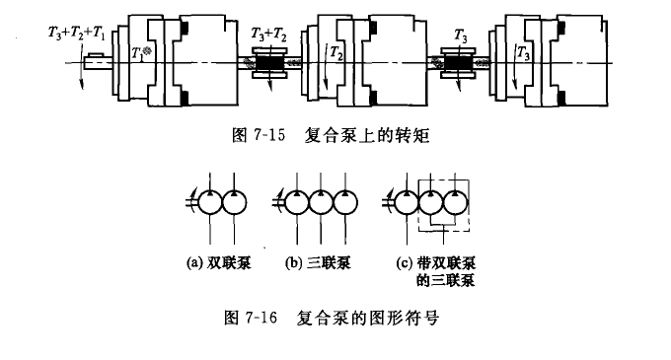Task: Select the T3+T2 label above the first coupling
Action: (x=267, y=35)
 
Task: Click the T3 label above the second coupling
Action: (x=460, y=36)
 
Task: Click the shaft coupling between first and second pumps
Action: (x=268, y=66)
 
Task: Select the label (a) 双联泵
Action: (x=215, y=263)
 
